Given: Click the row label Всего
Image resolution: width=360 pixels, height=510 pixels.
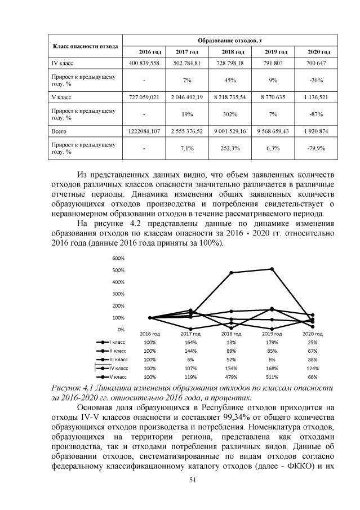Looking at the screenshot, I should click(x=59, y=131).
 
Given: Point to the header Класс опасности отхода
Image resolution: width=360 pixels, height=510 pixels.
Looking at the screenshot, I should click(x=85, y=46).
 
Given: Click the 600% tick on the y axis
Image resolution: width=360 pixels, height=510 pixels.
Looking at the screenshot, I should click(x=118, y=258).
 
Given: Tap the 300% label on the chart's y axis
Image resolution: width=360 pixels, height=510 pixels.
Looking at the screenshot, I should click(x=118, y=294).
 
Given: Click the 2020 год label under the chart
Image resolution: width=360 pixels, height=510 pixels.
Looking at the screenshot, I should click(x=313, y=334).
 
